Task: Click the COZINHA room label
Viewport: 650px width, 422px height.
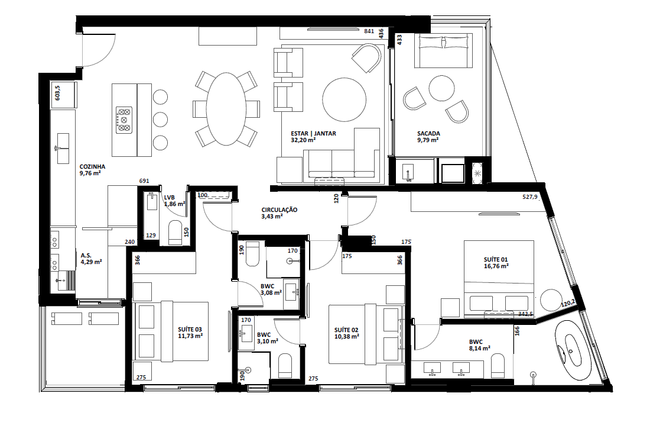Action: [93, 167]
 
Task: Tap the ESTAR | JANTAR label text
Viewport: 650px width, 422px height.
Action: [313, 134]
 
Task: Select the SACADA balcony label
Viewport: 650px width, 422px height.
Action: [428, 134]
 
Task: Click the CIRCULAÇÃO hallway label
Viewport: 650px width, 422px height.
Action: [279, 210]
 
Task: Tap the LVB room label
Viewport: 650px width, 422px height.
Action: [169, 197]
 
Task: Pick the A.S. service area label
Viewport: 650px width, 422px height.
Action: [86, 255]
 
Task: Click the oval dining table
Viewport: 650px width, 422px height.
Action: [226, 108]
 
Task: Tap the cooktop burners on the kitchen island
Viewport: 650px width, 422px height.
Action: [124, 119]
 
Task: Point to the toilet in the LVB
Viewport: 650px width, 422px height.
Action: [175, 233]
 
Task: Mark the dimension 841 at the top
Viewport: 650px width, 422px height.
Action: [369, 31]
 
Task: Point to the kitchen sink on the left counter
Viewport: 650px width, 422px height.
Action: [61, 148]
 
